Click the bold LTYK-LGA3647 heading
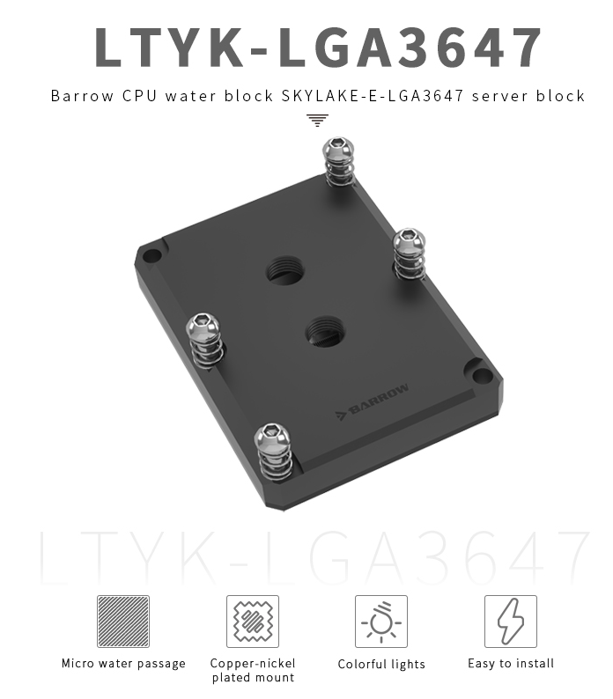pos(318,47)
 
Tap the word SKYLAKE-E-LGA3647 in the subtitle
pos(373,96)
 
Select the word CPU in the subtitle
pos(140,96)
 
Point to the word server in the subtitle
pos(499,96)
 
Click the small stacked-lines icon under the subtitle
pos(317,121)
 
